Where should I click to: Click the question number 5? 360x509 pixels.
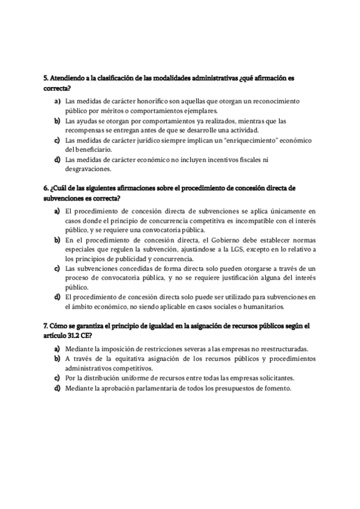[x=46, y=79]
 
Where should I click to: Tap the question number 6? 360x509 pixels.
[x=46, y=188]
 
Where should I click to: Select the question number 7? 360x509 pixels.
[x=46, y=325]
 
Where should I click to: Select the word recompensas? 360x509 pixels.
[x=85, y=130]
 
